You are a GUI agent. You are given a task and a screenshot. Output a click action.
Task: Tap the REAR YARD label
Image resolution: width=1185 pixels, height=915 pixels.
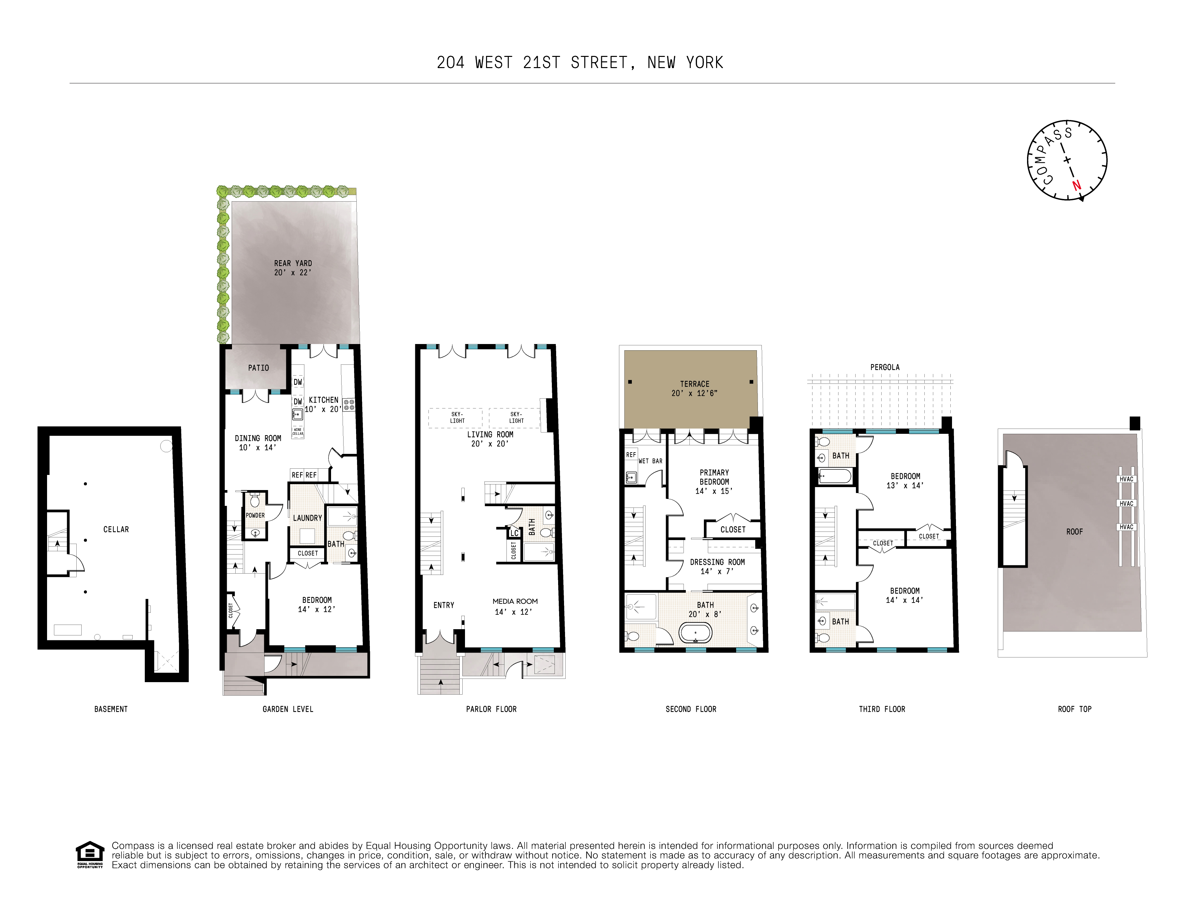[x=293, y=263]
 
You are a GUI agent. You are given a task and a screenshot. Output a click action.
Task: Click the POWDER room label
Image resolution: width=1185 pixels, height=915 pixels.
[x=255, y=515]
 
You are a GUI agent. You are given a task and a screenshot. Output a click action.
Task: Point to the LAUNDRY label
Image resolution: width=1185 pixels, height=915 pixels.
[x=307, y=518]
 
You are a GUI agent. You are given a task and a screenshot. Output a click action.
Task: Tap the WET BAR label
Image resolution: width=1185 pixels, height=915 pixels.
[x=650, y=461]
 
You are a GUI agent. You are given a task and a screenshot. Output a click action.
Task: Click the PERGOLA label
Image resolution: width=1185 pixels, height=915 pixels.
[x=885, y=367]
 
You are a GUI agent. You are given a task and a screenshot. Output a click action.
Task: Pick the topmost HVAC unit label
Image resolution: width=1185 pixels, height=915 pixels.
[x=1126, y=479]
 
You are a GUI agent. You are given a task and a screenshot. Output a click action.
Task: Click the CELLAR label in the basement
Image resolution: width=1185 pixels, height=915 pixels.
[x=116, y=530]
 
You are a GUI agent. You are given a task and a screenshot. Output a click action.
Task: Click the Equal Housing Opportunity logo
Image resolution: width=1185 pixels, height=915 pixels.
[x=90, y=854]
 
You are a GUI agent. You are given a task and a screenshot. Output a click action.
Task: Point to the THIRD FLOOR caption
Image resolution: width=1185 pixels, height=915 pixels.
[x=882, y=709]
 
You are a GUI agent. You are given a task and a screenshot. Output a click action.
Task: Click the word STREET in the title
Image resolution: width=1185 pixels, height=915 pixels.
[x=599, y=63]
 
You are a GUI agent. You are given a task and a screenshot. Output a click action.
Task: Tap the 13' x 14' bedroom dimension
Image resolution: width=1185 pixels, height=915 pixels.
[x=905, y=485]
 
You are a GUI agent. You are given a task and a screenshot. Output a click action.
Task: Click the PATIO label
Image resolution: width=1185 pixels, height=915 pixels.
[x=258, y=368]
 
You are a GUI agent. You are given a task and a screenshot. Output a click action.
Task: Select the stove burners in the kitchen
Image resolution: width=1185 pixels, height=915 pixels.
[x=348, y=404]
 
